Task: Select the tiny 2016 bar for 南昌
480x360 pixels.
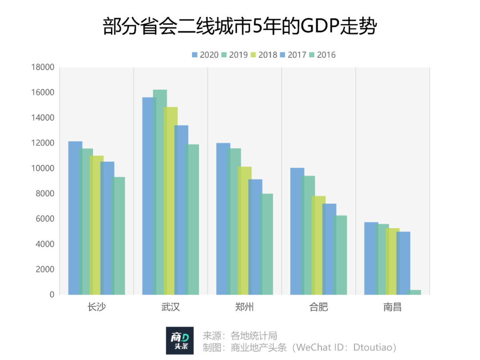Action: point(414,292)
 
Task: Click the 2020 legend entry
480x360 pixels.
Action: point(205,55)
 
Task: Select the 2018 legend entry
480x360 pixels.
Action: point(264,55)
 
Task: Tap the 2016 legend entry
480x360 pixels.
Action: point(322,55)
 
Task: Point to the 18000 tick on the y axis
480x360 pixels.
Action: point(43,68)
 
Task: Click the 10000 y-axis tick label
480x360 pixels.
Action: point(43,168)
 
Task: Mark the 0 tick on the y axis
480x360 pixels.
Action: point(52,295)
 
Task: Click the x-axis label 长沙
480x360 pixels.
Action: point(97,307)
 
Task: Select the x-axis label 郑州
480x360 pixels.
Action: point(245,307)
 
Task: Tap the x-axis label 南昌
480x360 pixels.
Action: point(392,307)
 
